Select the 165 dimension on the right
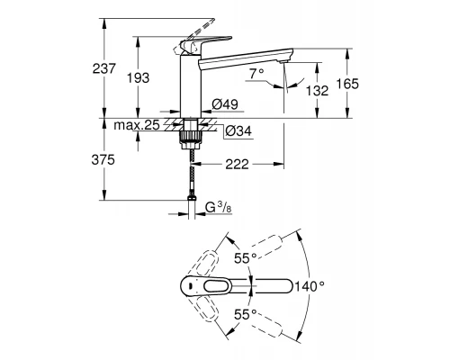tap(347, 83)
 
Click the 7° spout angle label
tap(258, 72)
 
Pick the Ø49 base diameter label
tap(224, 104)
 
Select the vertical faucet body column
tap(190, 85)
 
